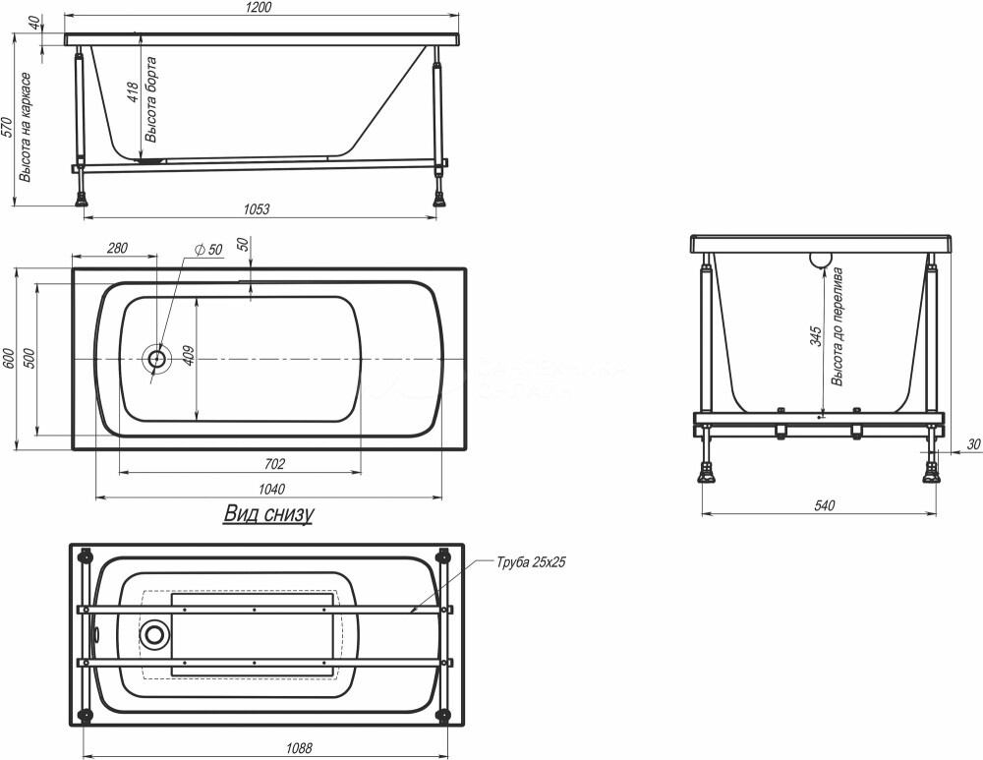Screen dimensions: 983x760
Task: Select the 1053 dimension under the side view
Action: [257, 208]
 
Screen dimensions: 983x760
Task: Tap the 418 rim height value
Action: [133, 95]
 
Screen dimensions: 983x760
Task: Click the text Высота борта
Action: [151, 99]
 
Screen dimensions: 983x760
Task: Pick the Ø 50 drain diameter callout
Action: [208, 250]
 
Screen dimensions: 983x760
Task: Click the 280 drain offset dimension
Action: [117, 248]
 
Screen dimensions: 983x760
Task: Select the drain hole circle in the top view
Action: [156, 359]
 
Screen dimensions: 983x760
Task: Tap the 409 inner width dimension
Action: [190, 357]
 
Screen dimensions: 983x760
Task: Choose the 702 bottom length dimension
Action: [274, 463]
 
